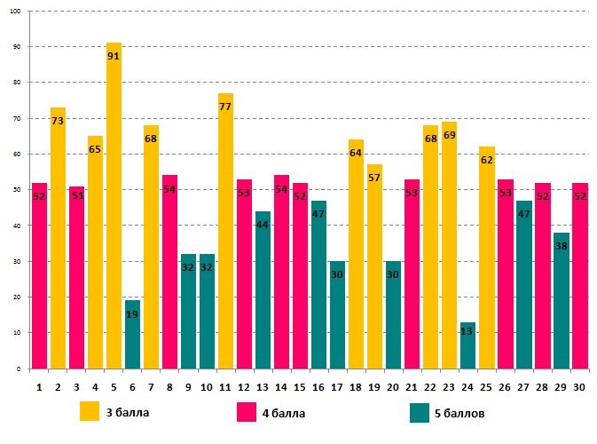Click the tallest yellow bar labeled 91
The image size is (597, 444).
(x=114, y=205)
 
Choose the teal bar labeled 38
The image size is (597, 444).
(x=561, y=301)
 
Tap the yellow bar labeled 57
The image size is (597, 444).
(x=374, y=266)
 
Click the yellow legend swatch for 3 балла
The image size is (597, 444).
(x=90, y=412)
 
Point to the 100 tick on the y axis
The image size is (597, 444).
(x=17, y=12)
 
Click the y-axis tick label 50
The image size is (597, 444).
(x=19, y=190)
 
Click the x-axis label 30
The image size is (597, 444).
(x=579, y=386)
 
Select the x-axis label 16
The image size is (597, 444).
(x=318, y=386)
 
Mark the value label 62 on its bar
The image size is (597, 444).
(x=486, y=161)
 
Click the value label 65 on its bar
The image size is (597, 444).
(x=95, y=150)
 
